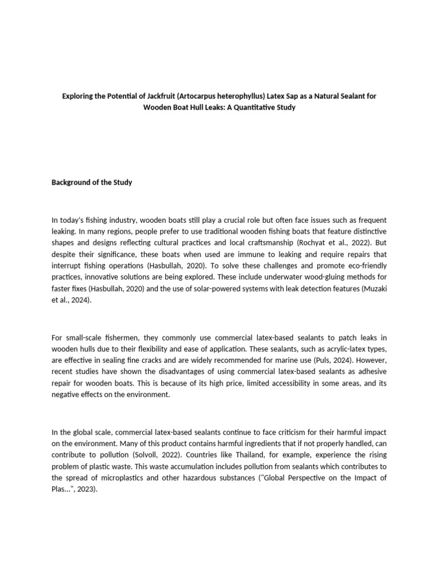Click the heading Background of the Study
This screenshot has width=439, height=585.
coord(92,182)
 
